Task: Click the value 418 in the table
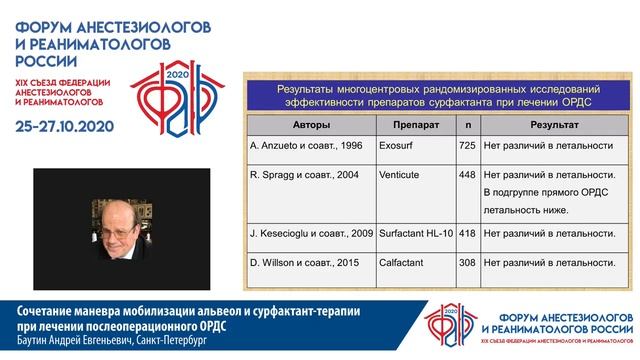coord(466,233)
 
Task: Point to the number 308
coord(466,262)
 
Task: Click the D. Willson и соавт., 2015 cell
coord(303,262)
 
